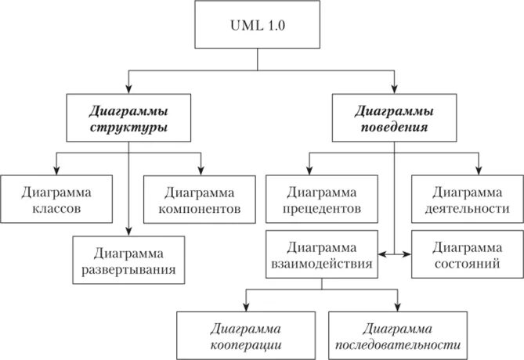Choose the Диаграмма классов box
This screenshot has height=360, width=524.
point(56,200)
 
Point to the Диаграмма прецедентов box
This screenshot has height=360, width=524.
point(323,200)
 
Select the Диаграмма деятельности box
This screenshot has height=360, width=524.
point(467,200)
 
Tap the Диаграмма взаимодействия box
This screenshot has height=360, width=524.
point(323,255)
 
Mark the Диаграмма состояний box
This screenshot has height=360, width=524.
point(467,255)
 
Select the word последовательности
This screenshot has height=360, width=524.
point(399,344)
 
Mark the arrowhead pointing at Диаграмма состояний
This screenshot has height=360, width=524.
point(408,255)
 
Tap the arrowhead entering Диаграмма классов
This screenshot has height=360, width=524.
point(56,171)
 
